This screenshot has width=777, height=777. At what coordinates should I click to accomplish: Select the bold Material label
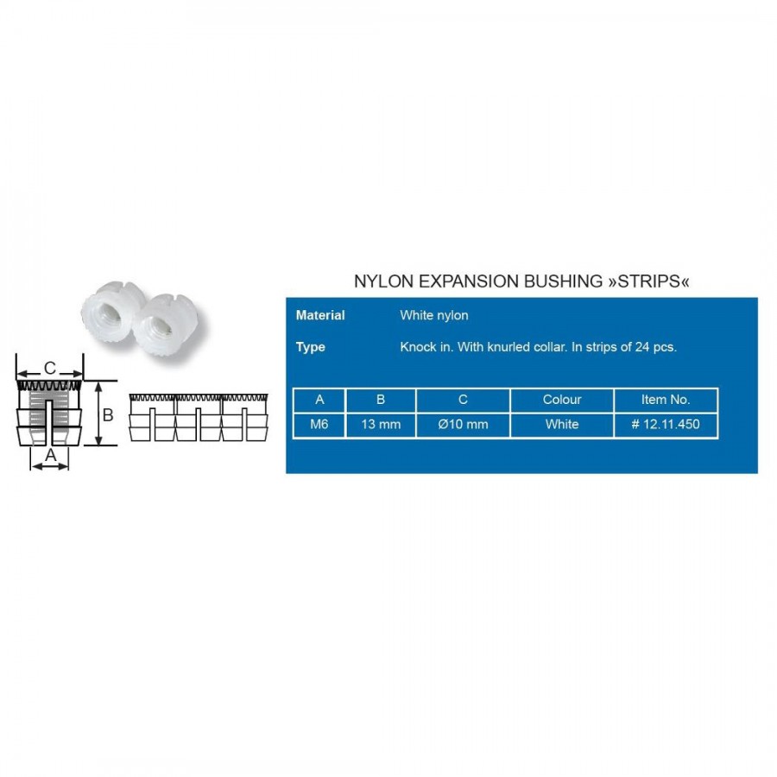(x=320, y=315)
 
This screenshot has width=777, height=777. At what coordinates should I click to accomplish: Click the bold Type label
(x=310, y=347)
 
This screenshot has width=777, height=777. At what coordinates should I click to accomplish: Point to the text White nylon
(x=434, y=315)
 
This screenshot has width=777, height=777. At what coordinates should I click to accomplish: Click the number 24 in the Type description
(x=642, y=347)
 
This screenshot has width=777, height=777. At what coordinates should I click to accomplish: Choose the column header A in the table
(x=319, y=400)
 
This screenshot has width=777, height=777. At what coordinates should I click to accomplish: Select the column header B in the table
(x=381, y=400)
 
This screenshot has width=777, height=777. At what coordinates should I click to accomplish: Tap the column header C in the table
(x=463, y=400)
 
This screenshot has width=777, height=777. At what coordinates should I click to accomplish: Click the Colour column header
(x=562, y=400)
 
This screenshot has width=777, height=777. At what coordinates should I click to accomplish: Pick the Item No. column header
(x=666, y=400)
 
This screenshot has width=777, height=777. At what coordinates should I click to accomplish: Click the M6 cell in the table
(x=319, y=424)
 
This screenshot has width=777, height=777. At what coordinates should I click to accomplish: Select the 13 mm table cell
(x=381, y=424)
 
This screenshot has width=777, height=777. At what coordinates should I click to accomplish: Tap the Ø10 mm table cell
(x=463, y=424)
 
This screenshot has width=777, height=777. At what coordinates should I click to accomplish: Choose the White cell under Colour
(x=562, y=424)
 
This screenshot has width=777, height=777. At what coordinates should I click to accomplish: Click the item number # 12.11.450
(x=666, y=424)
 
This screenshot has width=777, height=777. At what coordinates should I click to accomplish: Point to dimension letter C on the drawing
(x=50, y=368)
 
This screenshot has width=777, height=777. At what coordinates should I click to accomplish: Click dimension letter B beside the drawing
(x=108, y=414)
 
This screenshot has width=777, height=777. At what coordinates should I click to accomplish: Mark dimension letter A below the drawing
(x=51, y=455)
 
